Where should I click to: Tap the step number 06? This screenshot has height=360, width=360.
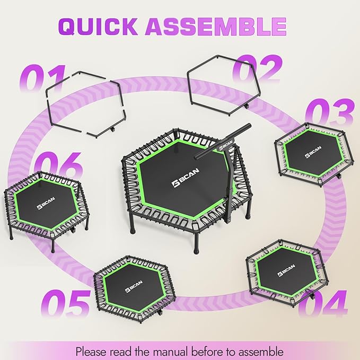pos(58,166)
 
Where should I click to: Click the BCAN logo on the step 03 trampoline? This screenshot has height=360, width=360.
pos(313,152)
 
